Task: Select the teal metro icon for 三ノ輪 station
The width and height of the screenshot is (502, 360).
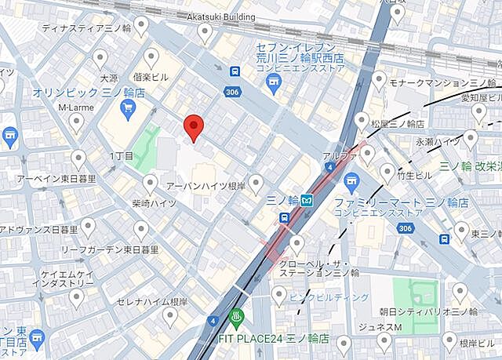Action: tap(309, 200)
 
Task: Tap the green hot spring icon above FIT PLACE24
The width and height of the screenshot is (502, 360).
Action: tap(237, 318)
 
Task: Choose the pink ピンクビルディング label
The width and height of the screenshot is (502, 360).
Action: tap(330, 297)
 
